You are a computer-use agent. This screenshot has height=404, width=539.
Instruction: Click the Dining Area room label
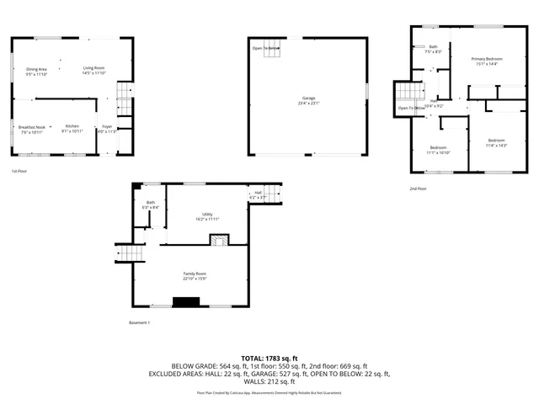(x=36, y=72)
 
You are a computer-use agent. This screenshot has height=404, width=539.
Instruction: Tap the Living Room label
(x=93, y=71)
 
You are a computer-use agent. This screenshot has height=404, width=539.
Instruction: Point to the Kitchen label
(x=72, y=129)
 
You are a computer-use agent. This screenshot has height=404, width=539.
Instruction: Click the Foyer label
(x=107, y=129)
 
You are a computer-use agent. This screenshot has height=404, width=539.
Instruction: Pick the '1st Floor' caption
(x=19, y=172)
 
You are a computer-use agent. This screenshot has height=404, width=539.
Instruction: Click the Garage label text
(x=309, y=100)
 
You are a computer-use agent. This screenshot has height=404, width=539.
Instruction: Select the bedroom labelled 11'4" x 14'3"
(x=496, y=142)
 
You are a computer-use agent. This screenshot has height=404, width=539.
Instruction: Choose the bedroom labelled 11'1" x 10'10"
(x=438, y=150)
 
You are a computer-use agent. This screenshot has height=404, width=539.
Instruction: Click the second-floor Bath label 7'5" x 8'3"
(x=433, y=49)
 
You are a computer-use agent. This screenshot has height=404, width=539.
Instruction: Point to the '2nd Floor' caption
(x=418, y=189)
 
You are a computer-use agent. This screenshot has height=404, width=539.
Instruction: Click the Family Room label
(x=195, y=276)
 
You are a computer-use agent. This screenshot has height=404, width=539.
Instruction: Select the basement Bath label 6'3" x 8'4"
(x=150, y=205)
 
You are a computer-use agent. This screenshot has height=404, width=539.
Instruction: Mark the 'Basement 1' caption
(x=139, y=323)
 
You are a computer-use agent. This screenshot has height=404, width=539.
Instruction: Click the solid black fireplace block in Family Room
(x=184, y=301)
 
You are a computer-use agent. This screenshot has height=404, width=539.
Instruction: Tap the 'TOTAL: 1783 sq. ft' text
(x=269, y=359)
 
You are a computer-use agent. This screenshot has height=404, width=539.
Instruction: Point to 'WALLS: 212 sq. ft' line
(x=269, y=380)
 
